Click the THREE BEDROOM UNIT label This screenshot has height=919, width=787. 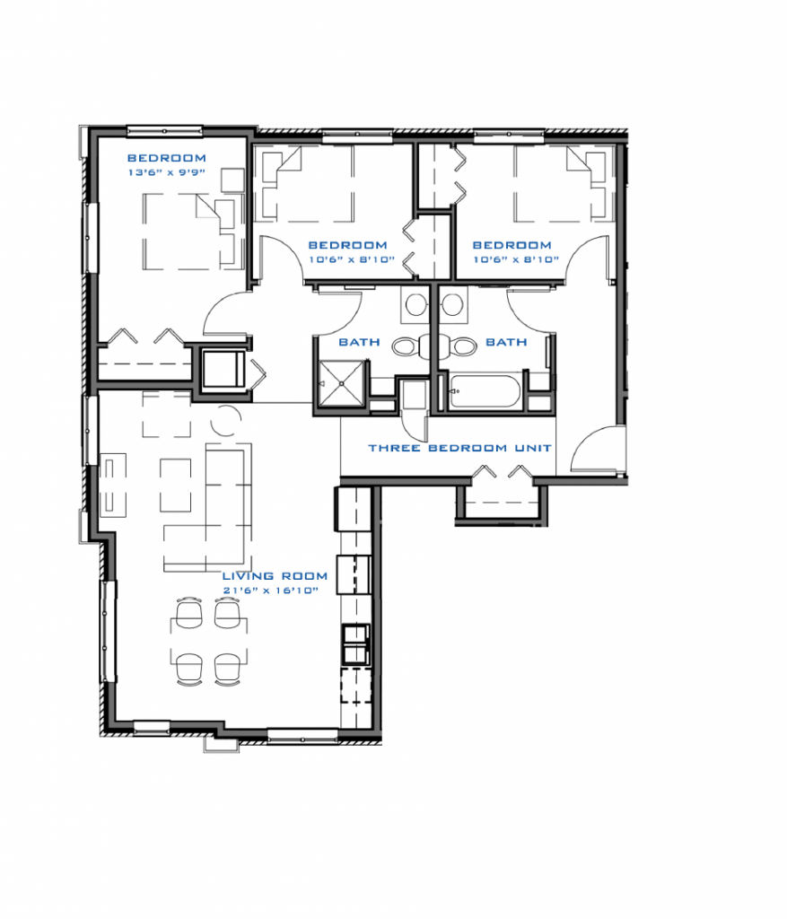click(460, 448)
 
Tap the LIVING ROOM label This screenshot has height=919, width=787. click(275, 576)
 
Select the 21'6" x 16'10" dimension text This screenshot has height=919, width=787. click(271, 591)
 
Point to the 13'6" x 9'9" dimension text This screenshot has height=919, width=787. click(166, 172)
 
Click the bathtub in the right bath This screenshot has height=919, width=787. click(485, 391)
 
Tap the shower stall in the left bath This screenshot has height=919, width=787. click(342, 383)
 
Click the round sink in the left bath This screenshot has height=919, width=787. click(415, 305)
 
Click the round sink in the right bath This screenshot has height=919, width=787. click(451, 305)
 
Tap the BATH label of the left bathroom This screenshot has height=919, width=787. click(359, 342)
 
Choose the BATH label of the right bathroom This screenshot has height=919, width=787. click(506, 342)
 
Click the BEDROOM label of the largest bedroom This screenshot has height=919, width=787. click(166, 158)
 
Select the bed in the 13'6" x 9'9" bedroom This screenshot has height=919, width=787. click(193, 232)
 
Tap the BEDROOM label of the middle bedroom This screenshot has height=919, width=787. click(347, 245)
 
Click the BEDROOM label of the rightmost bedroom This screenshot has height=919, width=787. click(512, 245)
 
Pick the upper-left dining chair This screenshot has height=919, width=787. click(188, 613)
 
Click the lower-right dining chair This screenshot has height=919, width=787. click(227, 669)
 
